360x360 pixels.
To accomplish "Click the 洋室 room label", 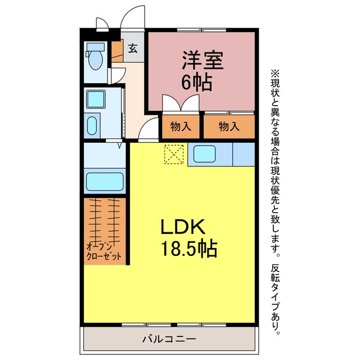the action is click(x=202, y=60).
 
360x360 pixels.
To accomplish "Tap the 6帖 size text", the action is click(x=196, y=83).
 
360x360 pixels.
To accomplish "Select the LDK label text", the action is click(x=183, y=227).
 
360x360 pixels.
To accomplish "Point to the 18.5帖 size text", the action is click(x=189, y=249).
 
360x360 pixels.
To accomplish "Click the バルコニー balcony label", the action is click(x=169, y=339).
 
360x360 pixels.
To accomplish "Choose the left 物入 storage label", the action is click(x=181, y=127).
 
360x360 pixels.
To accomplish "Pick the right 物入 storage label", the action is click(x=229, y=127).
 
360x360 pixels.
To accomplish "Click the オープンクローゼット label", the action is click(x=103, y=252).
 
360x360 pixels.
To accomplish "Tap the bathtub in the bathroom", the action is click(x=105, y=181).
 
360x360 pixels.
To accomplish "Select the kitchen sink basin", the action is click(x=204, y=154).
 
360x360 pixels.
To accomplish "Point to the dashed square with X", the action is click(x=174, y=154).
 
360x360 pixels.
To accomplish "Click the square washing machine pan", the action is click(x=96, y=99).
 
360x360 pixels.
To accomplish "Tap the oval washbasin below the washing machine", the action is click(x=92, y=126).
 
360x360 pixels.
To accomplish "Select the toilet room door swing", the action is click(x=118, y=76).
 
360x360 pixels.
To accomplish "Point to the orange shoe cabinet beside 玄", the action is click(x=118, y=51).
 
